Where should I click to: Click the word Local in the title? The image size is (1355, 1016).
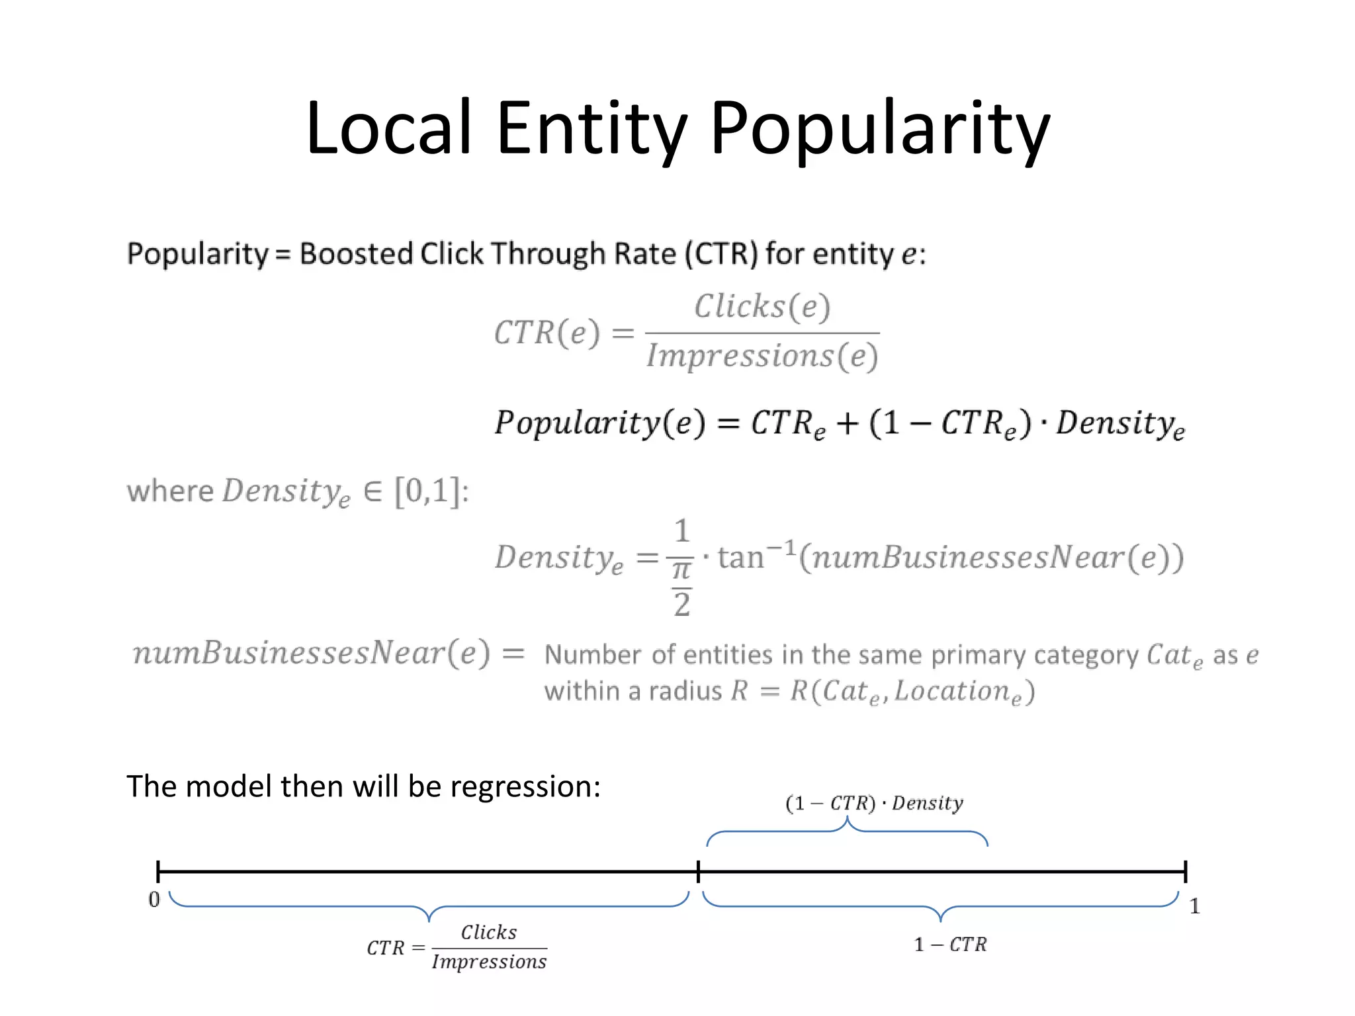[x=389, y=127]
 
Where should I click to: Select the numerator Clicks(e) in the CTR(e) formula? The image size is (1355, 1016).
[x=762, y=307]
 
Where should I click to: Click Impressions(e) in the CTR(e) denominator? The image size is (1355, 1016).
[x=762, y=357]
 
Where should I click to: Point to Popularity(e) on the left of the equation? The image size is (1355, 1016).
[x=599, y=423]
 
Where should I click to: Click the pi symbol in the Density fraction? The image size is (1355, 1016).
[x=681, y=570]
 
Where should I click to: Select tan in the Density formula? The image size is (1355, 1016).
[x=740, y=557]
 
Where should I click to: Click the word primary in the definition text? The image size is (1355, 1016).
[x=979, y=655]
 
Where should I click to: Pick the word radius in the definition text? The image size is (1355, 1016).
[x=685, y=691]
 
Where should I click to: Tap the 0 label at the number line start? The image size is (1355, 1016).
[x=154, y=900]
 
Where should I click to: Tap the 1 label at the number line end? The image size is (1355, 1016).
[x=1194, y=906]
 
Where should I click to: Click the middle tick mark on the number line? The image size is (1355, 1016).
[x=698, y=872]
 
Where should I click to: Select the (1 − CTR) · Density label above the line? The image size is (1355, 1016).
[x=874, y=803]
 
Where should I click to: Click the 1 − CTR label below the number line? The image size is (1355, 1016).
[x=950, y=945]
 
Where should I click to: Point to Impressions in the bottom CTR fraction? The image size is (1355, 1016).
[x=489, y=962]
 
